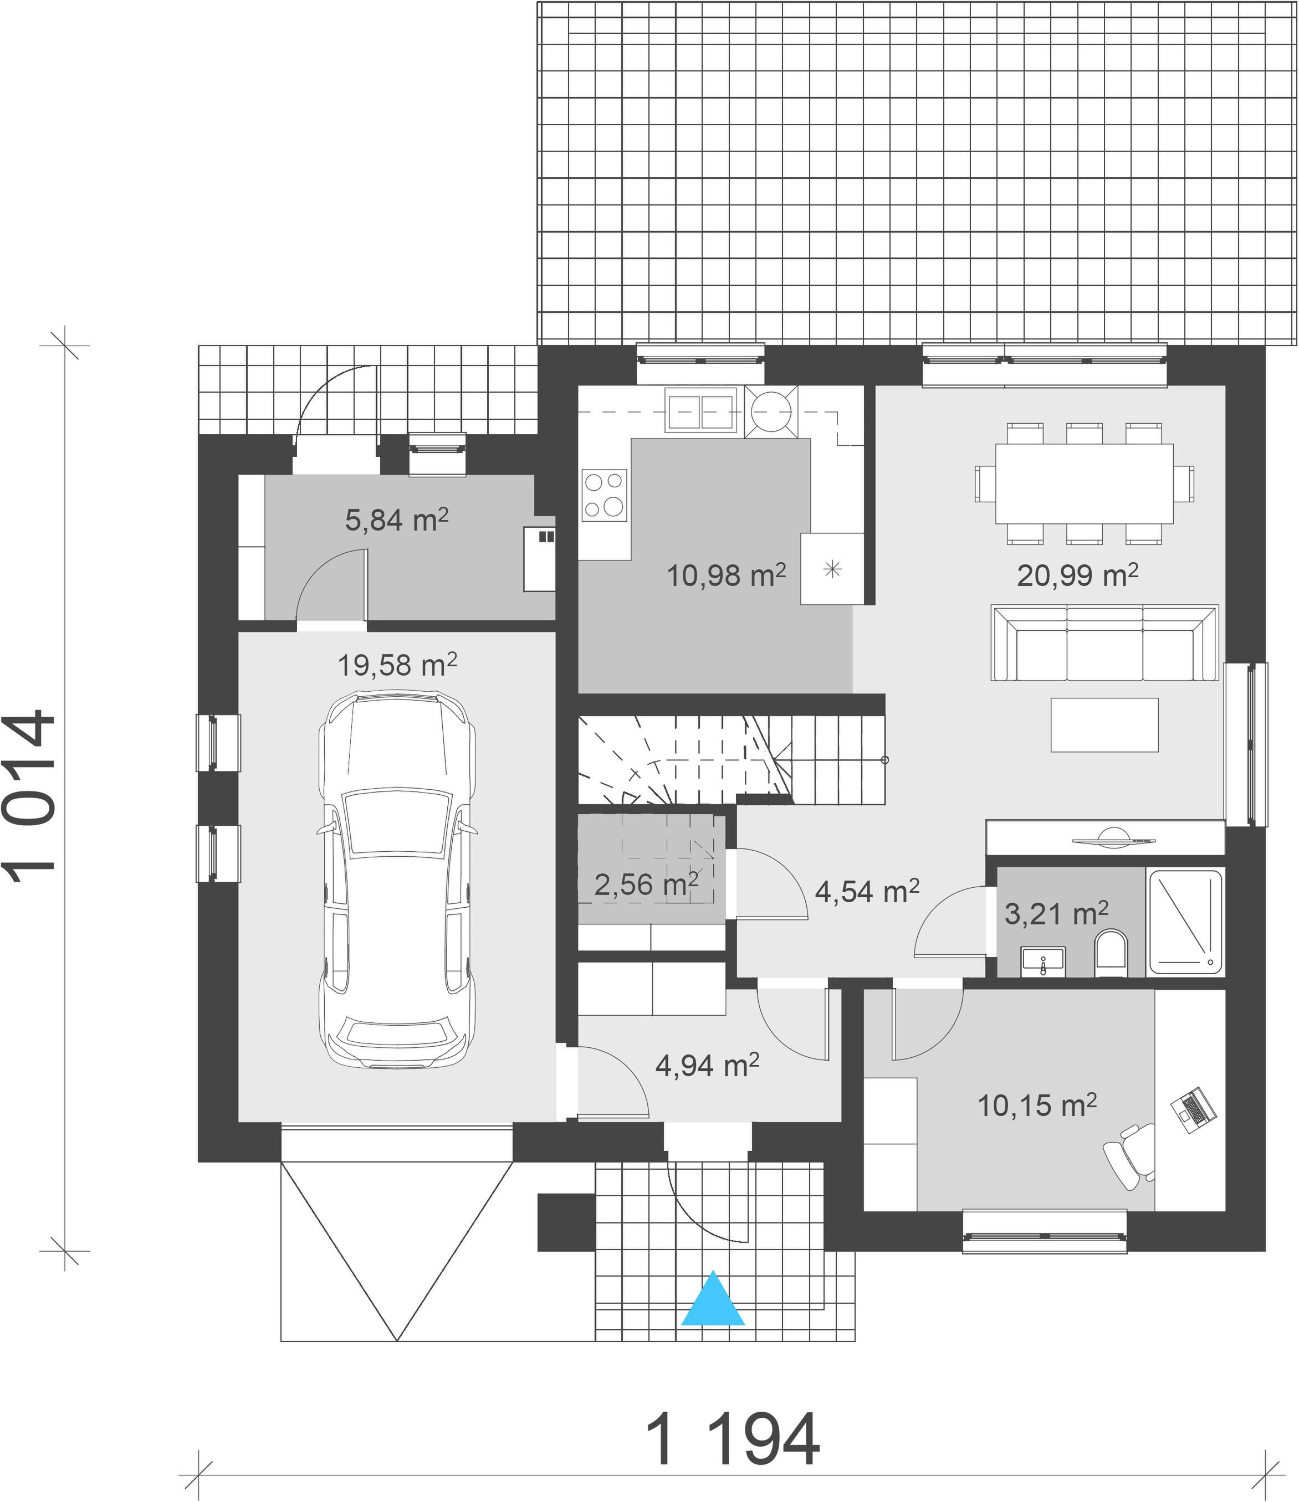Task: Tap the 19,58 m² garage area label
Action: [x=397, y=664]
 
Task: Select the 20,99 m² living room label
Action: [x=1077, y=575]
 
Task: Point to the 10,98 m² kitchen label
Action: [x=726, y=575]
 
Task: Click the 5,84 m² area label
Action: [x=397, y=519]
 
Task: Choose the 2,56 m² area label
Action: [x=646, y=884]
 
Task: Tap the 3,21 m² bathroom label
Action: [x=1056, y=913]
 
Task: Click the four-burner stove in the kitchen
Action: [x=604, y=496]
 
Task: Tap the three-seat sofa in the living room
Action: [x=1104, y=643]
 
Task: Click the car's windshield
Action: [x=397, y=821]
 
